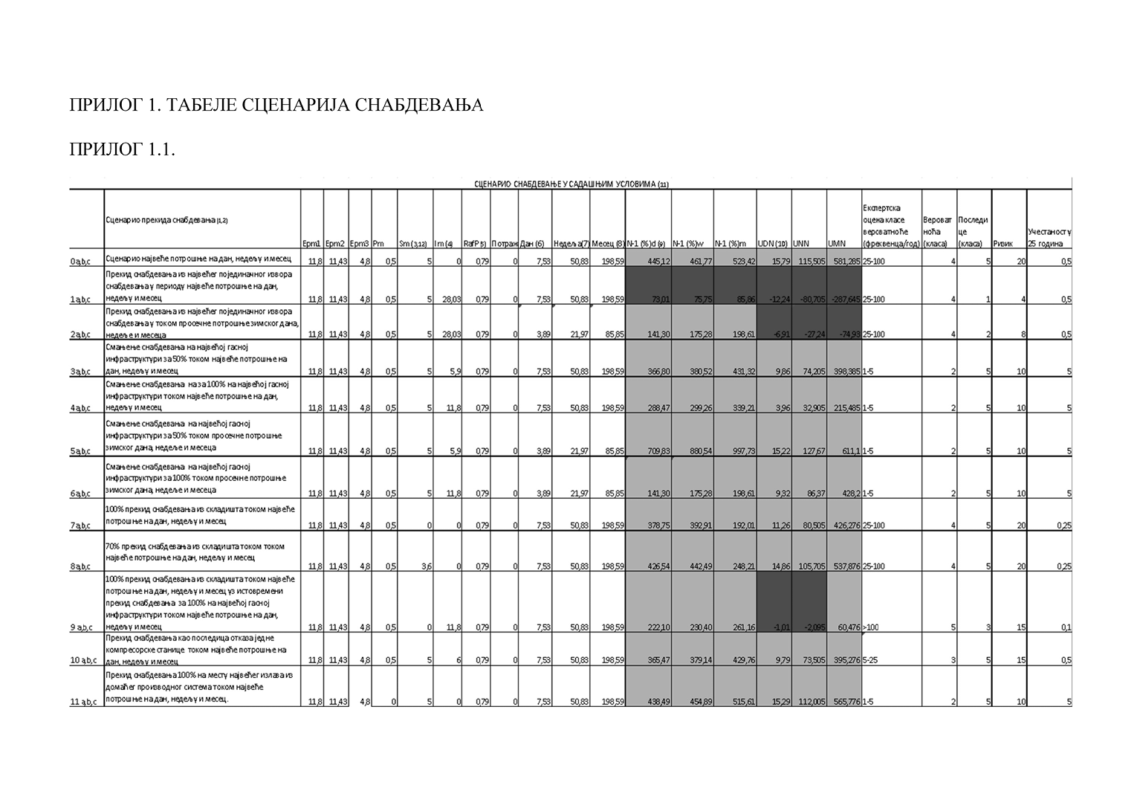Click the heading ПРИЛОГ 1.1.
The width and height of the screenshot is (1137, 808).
(122, 149)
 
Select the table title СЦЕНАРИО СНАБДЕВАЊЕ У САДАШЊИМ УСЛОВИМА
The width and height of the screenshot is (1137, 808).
(571, 184)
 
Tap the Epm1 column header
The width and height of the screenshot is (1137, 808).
(311, 243)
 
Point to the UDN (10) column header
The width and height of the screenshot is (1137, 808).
(772, 243)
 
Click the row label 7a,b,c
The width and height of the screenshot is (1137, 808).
(80, 526)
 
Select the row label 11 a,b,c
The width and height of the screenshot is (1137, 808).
(84, 701)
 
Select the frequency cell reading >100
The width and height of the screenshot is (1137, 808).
(871, 627)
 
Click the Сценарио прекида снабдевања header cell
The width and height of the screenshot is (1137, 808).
(166, 220)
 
